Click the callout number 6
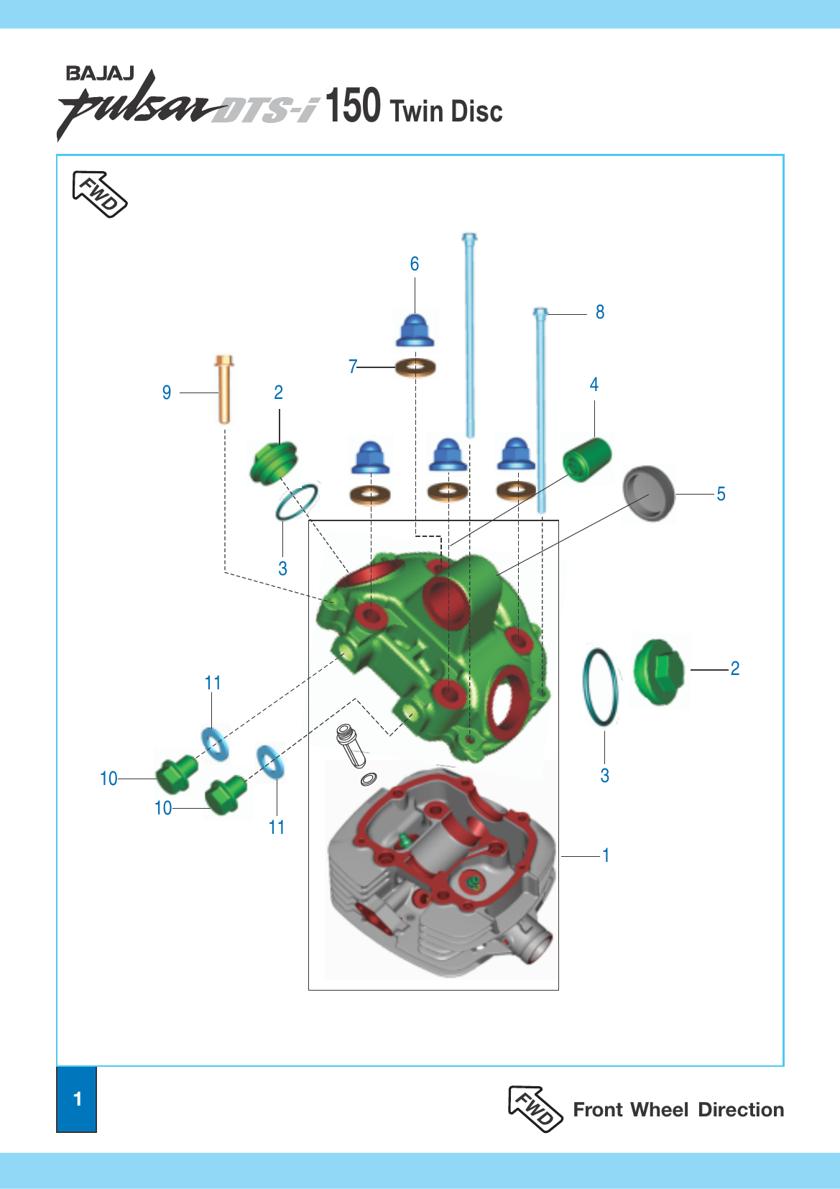(415, 264)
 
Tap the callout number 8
(600, 312)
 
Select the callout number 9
(167, 392)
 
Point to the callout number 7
(353, 367)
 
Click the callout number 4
(594, 385)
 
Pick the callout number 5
(721, 494)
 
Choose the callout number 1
(606, 855)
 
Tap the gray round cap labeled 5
(649, 492)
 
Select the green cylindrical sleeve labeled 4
(587, 459)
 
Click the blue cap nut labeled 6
(415, 331)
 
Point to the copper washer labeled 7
(415, 368)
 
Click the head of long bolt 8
(540, 313)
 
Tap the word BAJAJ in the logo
(100, 73)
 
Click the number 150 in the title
(353, 106)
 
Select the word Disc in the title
(476, 111)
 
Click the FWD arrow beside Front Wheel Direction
(535, 1108)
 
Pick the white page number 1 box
(77, 1099)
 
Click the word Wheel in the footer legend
(659, 1110)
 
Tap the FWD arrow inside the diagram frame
(99, 193)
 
